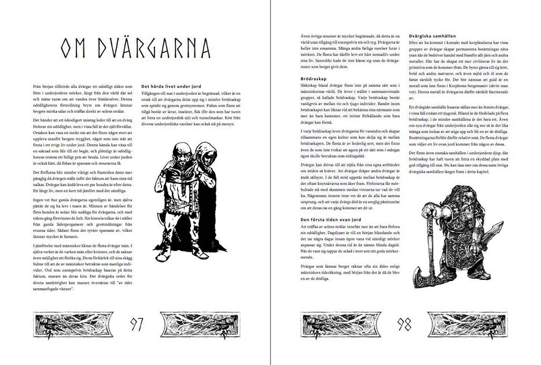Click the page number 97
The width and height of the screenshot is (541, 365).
click(136, 324)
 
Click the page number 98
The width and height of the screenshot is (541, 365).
click(404, 324)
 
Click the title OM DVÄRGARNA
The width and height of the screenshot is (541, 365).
click(135, 49)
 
